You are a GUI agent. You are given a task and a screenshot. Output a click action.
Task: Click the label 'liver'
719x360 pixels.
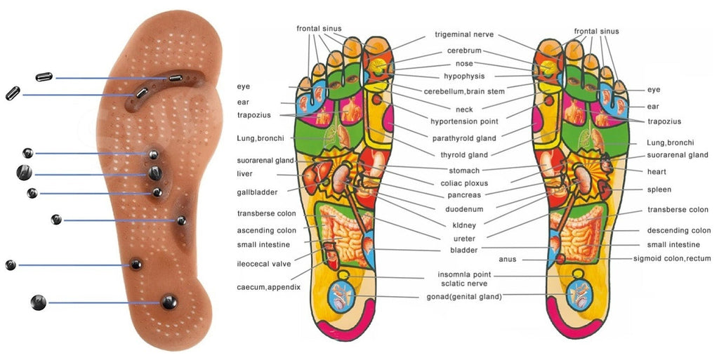[244, 174]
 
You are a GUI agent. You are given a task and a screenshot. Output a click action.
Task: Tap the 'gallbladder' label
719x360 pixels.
[257, 192]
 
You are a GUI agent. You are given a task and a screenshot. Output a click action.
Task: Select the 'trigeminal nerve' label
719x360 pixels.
[464, 35]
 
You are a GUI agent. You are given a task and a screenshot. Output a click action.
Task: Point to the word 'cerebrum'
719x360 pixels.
[464, 51]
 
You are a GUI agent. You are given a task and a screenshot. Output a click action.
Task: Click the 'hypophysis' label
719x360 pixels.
[464, 76]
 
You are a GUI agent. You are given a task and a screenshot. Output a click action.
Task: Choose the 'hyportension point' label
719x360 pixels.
[464, 122]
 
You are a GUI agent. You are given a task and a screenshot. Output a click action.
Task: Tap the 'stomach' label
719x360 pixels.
[464, 171]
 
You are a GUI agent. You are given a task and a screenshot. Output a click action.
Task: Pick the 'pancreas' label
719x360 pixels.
[464, 196]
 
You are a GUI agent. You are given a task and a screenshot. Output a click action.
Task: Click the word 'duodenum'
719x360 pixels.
[464, 210]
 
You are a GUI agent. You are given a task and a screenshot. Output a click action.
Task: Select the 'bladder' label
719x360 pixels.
[463, 251]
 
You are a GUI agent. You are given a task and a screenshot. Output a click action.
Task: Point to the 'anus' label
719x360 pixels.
[508, 260]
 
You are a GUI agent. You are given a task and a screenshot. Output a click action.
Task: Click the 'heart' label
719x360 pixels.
[657, 172]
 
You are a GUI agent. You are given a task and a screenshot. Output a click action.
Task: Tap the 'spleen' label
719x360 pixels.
[659, 189]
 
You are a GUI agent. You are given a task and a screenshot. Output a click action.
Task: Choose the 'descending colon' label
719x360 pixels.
[679, 231]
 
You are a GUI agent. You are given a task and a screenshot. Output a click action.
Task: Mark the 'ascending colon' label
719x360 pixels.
[266, 231]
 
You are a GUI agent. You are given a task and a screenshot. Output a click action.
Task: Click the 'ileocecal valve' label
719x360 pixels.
[263, 265]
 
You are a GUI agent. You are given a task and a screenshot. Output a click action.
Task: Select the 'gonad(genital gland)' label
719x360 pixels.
[464, 297]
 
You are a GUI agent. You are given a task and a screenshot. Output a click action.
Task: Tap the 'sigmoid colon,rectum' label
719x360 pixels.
[672, 259]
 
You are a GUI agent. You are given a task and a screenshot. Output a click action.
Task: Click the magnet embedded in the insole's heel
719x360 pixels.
[169, 302]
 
